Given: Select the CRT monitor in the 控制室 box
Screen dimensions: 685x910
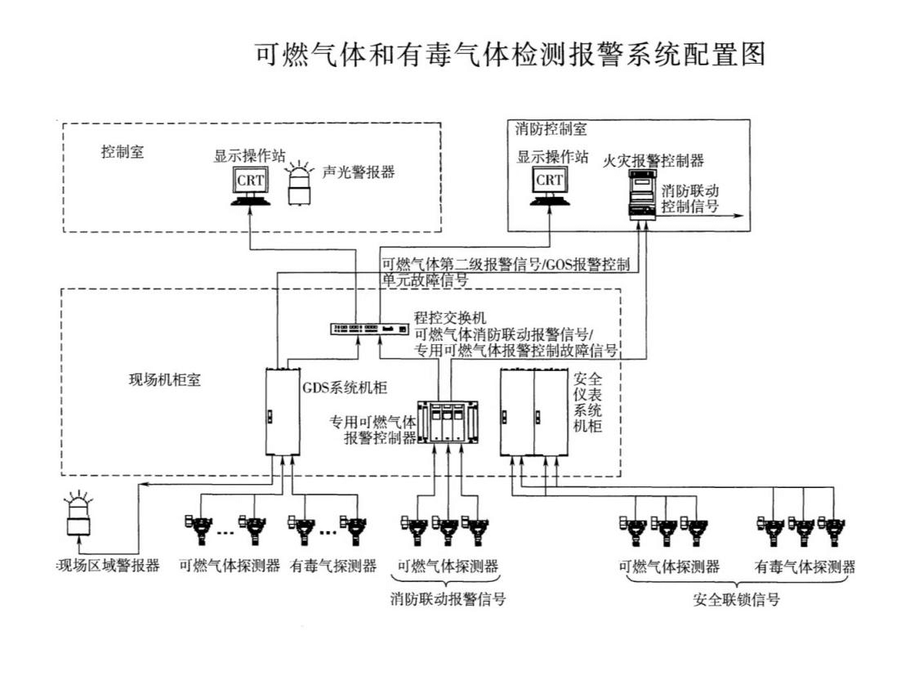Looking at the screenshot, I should pos(250,185).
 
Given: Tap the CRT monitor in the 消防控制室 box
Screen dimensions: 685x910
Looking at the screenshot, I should pos(549,185).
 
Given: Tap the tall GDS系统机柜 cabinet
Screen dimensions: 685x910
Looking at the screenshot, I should pos(279,411).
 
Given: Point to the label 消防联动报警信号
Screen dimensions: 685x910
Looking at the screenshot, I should pos(448,599).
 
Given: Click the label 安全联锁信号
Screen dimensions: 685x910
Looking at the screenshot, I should pos(736,599).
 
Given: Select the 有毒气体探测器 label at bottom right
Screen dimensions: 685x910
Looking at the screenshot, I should pos(805,566).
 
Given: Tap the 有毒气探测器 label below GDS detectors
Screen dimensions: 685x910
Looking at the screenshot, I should pos(332,566).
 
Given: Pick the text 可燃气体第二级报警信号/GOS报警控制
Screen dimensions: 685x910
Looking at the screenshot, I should pos(505,265).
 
